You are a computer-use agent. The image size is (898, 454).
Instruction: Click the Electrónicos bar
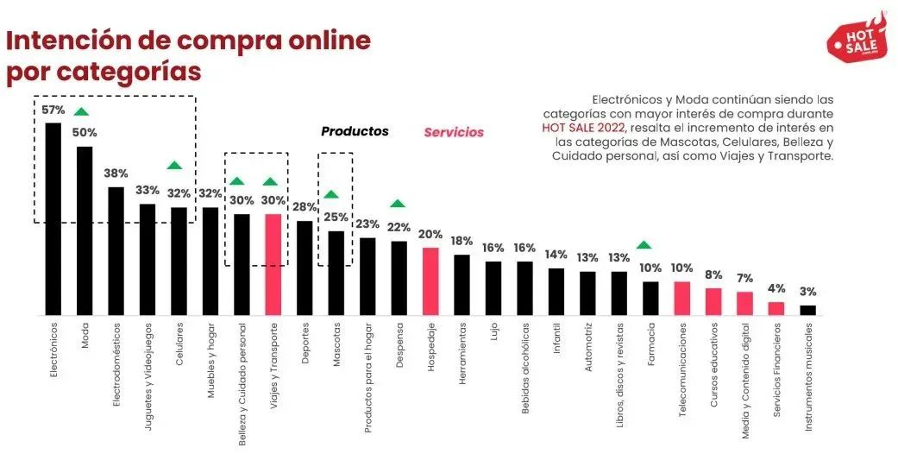53,219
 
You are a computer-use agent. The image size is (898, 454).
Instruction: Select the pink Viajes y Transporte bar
273,264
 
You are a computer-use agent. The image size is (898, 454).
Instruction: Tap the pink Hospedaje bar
430,281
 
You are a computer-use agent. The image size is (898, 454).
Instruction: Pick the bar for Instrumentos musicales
807,310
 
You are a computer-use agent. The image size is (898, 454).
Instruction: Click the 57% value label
53,110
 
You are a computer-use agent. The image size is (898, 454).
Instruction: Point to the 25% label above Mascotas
336,218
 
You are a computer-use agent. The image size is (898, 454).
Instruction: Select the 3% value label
807,292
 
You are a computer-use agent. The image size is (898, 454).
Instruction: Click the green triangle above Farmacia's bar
644,245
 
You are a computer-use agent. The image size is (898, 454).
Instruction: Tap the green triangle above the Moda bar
81,111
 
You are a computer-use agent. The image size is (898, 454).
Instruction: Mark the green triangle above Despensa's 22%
398,204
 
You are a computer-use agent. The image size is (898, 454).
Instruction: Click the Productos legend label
355,132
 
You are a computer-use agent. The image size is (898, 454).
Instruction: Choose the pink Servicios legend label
453,133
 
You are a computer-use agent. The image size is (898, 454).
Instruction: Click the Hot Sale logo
856,38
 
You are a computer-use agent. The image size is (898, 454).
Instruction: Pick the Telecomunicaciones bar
681,298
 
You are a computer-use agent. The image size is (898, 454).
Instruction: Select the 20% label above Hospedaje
430,235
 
